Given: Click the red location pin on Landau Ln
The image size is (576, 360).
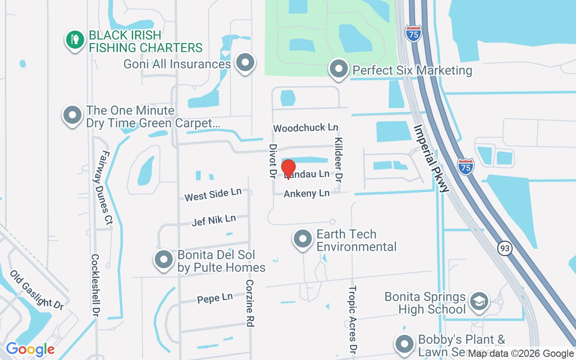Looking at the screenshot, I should point(288,168).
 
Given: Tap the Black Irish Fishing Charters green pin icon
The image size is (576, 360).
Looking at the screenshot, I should point(75,40).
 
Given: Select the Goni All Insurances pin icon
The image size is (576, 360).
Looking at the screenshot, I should point(245,63).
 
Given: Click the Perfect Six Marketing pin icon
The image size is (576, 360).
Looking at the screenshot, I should point(339,69).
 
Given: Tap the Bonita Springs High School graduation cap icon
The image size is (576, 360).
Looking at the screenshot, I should point(478,301).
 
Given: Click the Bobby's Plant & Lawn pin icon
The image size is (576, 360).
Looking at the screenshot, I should point(404,344).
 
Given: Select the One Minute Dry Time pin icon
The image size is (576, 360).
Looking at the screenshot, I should point(72,115).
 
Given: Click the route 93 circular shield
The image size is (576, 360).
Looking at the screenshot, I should point(505,248).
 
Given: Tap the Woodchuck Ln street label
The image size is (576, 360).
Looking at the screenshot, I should point(306,128).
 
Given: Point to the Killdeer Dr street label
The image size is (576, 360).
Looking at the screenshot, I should point(338,159).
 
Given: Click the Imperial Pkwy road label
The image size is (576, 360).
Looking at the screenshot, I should point(432,159).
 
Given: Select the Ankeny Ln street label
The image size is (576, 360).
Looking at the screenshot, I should point(306,193).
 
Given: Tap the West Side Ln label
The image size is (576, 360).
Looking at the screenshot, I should point(213,194).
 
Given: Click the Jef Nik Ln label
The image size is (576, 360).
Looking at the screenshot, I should point(214,220).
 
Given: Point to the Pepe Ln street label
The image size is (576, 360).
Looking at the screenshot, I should point(215,298).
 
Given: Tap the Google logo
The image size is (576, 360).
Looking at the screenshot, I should point(30,349).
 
